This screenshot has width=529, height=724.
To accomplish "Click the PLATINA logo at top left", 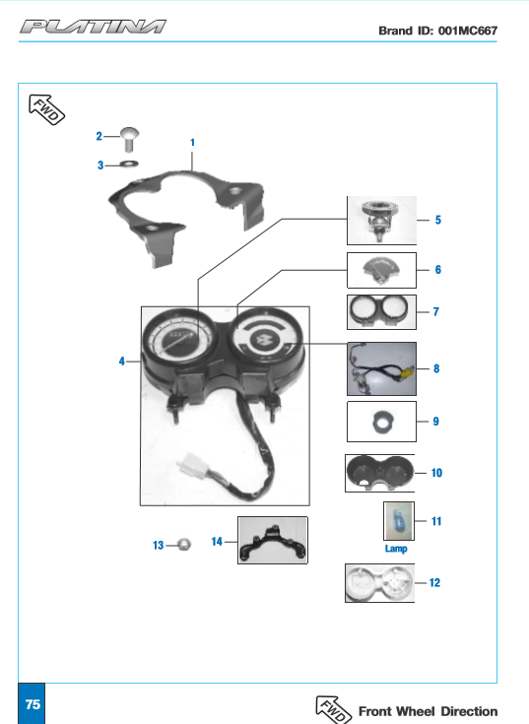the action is click(x=93, y=27).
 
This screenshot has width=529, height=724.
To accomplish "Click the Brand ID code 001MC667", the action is click(x=468, y=31).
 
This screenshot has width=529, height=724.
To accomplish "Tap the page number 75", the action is click(x=33, y=704).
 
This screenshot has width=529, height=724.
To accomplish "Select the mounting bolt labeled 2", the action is click(x=129, y=139).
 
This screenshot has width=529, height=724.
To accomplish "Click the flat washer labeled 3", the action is click(x=129, y=164).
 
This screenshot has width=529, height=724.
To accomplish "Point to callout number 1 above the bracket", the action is click(x=192, y=143).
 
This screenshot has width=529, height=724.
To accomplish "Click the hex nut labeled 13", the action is click(x=183, y=545).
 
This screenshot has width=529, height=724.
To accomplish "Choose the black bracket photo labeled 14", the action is click(x=272, y=540).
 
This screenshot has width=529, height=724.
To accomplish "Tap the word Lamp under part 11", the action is click(x=396, y=549).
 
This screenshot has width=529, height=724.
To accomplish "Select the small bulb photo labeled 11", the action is click(x=399, y=521).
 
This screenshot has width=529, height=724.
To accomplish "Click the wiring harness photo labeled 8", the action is click(x=382, y=369).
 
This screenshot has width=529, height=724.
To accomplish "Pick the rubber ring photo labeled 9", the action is click(x=382, y=422).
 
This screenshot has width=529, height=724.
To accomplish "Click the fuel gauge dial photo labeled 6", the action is click(x=382, y=270).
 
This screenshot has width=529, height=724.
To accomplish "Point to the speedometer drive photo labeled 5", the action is click(x=382, y=221).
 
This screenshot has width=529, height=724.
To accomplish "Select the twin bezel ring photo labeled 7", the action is click(x=382, y=312).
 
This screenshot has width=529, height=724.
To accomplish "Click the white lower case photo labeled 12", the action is click(x=380, y=583).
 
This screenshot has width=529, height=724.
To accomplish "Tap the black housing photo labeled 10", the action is click(x=380, y=473).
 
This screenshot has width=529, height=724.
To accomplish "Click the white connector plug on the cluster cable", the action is click(x=192, y=463).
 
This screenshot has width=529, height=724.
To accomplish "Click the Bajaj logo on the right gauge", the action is click(x=265, y=341).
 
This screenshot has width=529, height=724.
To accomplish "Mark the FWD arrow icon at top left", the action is click(x=46, y=109).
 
